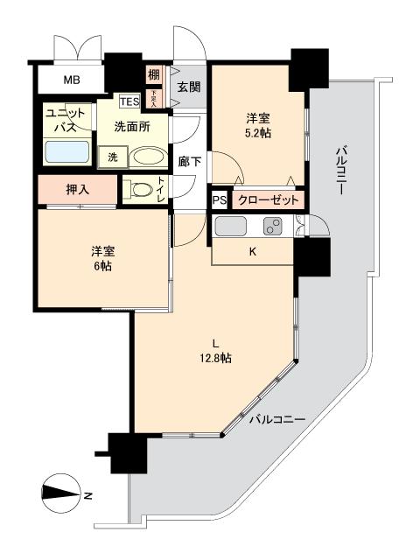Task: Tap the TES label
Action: pos(129,101)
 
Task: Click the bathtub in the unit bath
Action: pos(66,152)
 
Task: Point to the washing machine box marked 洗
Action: pos(113,157)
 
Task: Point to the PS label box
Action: pos(218,200)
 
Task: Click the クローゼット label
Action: pos(268,200)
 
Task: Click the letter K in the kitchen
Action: pos(253,252)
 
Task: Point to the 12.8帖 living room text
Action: pos(213,357)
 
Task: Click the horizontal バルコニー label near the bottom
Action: pos(276,420)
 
